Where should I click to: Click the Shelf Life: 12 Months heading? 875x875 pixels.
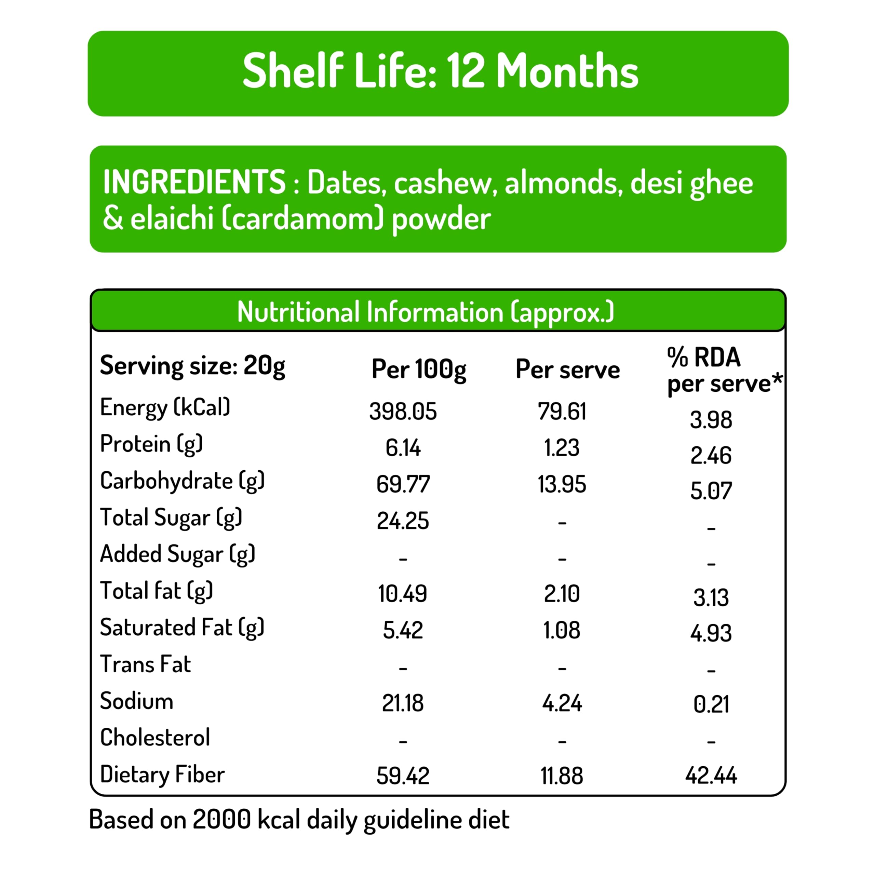pos(440,71)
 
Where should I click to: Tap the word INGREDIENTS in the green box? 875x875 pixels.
pos(194,182)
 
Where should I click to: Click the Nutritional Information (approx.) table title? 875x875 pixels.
pos(425,312)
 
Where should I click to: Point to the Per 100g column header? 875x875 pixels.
pos(418,369)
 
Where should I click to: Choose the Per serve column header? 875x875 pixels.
pos(567,369)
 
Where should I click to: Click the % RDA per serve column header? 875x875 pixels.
pos(723,371)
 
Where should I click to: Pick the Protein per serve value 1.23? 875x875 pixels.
pos(562,448)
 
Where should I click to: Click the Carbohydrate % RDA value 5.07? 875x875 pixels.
pos(711,491)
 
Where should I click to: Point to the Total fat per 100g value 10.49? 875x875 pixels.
pos(403,594)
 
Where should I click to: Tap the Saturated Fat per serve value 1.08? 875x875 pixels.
pos(562,630)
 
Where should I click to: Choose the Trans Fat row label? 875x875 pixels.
pos(145,664)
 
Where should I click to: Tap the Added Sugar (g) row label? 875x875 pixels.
pos(177,554)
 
